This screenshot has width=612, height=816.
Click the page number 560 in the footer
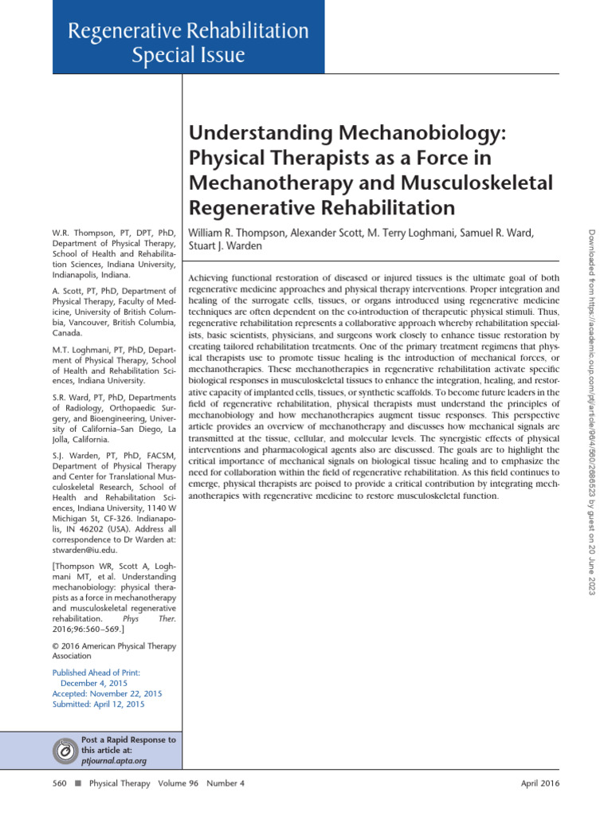[60, 783]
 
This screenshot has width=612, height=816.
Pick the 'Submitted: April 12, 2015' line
[99, 704]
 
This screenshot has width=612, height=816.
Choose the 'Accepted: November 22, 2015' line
[106, 693]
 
